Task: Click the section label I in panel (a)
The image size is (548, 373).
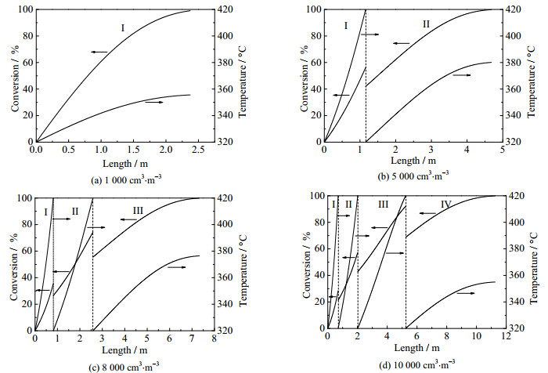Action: point(122,29)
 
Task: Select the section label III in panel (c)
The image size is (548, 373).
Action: point(138,210)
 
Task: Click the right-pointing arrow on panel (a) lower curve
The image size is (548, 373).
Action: point(154,102)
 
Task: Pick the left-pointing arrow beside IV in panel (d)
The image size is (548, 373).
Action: point(427,213)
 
